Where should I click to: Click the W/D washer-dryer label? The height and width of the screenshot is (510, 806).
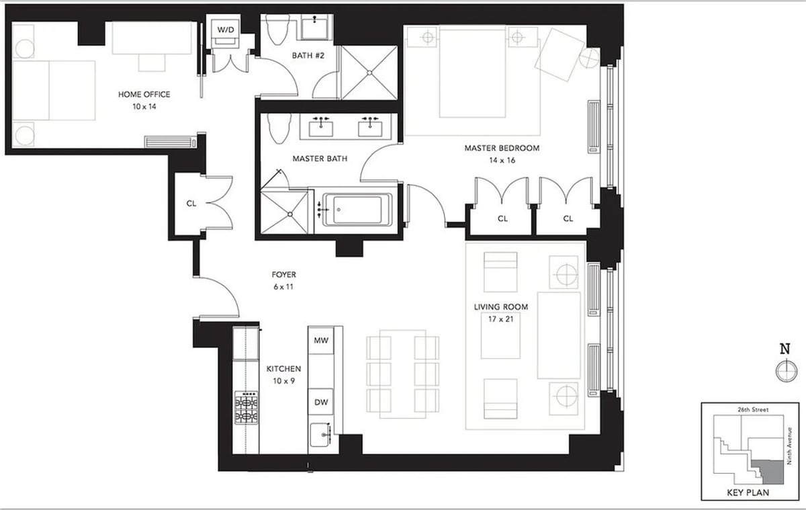222,30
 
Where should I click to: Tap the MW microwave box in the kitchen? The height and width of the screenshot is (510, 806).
321,341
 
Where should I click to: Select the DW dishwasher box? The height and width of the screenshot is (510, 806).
321,402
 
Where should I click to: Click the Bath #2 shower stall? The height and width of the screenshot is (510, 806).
369,73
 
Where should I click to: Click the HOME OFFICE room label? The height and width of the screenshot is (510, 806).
144,95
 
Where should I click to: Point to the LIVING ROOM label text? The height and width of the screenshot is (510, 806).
501,307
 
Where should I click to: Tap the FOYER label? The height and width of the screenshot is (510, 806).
283,275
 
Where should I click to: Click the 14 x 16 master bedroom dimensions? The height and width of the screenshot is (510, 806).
502,160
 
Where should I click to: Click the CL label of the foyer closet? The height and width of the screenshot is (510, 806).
191,204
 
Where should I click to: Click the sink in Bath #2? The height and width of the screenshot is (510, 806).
314,29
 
